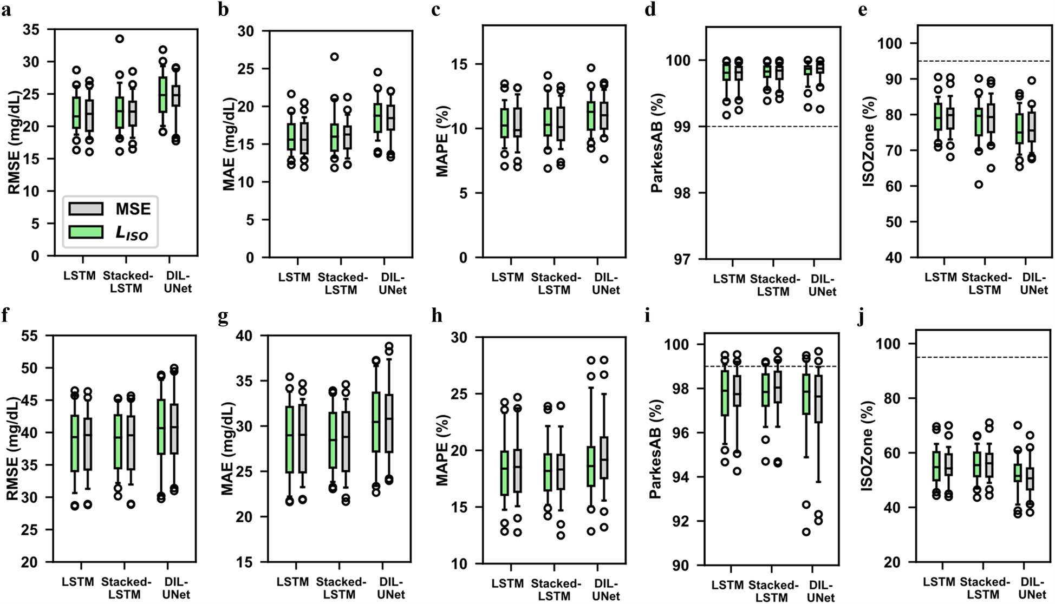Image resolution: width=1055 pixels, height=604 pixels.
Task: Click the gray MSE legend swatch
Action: [x=86, y=208]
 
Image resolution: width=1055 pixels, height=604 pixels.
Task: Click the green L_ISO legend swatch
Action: [x=86, y=232]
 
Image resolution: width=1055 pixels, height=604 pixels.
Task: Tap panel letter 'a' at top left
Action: [x=6, y=9]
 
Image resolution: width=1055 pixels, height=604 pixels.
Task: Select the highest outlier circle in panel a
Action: [x=120, y=38]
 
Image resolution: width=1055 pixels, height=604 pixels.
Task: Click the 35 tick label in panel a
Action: [x=31, y=30]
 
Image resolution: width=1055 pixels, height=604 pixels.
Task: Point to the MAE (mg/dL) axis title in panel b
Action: [x=229, y=143]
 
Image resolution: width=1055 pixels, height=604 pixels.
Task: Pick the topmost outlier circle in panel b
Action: [x=335, y=57]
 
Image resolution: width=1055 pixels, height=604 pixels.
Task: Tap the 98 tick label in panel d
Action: [x=679, y=193]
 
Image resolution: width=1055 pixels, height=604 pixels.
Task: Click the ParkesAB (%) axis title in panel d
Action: [x=657, y=143]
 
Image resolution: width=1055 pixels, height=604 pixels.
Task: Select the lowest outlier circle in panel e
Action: [x=979, y=185]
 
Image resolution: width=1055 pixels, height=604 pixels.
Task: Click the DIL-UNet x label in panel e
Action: [x=1033, y=284]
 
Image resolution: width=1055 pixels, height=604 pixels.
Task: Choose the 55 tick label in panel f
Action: [x=30, y=336]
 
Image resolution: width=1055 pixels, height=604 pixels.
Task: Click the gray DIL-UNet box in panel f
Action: [x=174, y=429]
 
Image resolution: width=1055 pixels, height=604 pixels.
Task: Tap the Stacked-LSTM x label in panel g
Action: [x=340, y=588]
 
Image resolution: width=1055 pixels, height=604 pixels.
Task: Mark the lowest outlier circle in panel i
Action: [x=806, y=532]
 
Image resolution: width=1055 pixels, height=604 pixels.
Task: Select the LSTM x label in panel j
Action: [x=939, y=582]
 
